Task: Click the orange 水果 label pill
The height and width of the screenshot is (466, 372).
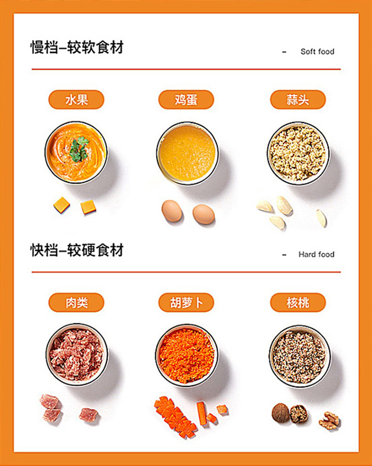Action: pos(76,100)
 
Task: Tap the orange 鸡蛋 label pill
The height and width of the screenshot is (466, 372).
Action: pos(186,100)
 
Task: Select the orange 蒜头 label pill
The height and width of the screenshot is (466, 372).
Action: pos(298,100)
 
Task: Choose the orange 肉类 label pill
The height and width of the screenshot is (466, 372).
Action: pos(76,303)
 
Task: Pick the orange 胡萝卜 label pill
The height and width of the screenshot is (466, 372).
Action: pos(186,303)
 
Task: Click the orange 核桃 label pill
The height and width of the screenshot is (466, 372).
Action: pos(298,303)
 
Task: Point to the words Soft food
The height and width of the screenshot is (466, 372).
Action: pos(317,52)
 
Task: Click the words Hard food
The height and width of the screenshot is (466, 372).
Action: pos(316,255)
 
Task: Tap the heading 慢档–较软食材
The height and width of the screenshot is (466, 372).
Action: pos(77,47)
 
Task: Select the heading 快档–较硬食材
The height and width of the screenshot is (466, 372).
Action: pos(77,250)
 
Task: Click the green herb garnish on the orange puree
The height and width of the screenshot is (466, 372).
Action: pos(79,149)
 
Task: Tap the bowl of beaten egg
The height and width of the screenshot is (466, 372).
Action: pos(187,153)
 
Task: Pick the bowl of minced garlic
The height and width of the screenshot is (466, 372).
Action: pos(298,153)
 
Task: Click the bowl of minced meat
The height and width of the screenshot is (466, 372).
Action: pos(77,355)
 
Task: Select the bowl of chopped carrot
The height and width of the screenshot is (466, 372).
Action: pos(187,355)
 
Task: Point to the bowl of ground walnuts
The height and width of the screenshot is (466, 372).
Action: pos(300,356)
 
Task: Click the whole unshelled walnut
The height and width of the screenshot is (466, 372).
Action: pos(280,412)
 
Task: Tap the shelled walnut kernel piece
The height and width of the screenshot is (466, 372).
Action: pos(329,420)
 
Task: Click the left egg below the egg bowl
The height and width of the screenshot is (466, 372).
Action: pos(172,211)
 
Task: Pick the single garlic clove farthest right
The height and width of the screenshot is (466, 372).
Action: pos(321,218)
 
